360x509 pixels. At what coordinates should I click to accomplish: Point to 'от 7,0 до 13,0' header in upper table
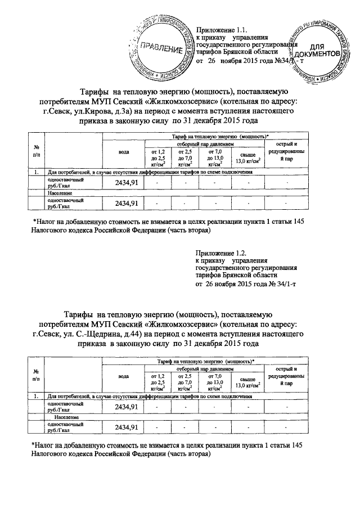(215, 157)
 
